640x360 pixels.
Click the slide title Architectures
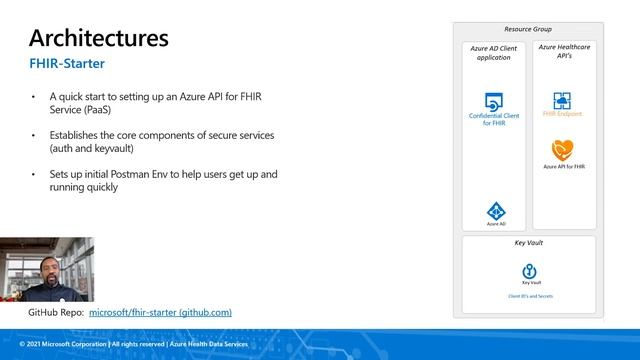pyautogui.click(x=98, y=38)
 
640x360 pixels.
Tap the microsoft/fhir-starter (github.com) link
pyautogui.click(x=161, y=312)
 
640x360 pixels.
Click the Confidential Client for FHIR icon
pyautogui.click(x=493, y=102)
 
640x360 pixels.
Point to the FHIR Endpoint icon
pyautogui.click(x=561, y=101)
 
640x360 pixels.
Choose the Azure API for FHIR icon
pyautogui.click(x=561, y=150)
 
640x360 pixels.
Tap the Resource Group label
pyautogui.click(x=528, y=29)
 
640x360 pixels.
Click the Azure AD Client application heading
pyautogui.click(x=495, y=52)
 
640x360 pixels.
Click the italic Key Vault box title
pyautogui.click(x=528, y=243)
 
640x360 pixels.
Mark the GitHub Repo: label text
pyautogui.click(x=56, y=312)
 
